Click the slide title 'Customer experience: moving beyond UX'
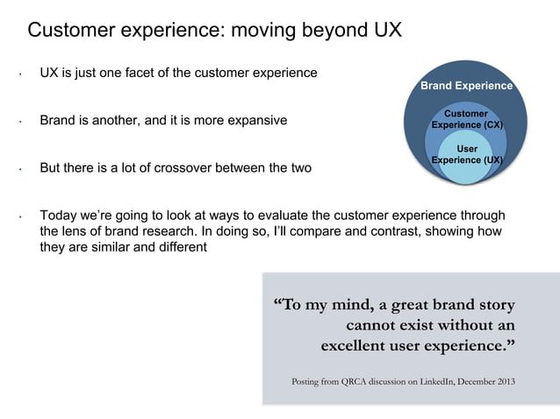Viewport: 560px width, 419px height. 214,30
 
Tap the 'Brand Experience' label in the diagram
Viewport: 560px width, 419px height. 465,86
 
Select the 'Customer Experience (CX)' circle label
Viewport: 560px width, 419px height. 466,119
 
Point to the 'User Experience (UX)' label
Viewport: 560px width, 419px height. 466,154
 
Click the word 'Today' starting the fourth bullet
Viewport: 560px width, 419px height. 59,216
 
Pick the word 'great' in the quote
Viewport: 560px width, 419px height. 389,305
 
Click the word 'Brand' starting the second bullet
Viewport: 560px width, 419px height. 58,120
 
